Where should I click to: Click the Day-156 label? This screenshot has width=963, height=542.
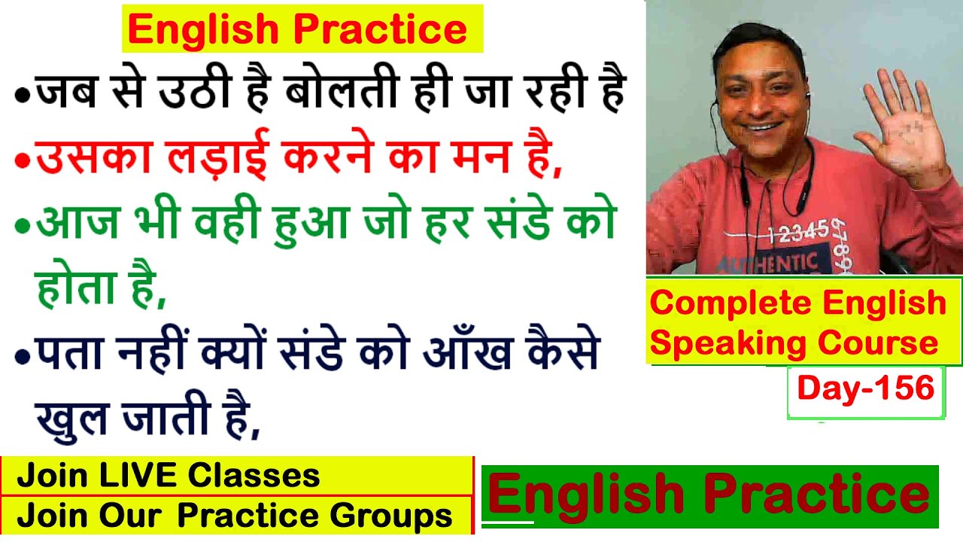[866, 388]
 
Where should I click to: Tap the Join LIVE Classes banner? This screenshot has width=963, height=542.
[237, 476]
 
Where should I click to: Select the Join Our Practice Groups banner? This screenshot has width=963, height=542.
[237, 516]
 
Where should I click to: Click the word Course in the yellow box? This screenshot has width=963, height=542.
[878, 343]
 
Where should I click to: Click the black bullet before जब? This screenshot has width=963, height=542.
[23, 95]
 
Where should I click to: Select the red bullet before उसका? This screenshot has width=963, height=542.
[23, 160]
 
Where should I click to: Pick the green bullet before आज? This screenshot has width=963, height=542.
[23, 225]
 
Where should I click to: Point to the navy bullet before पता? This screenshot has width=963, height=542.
[23, 356]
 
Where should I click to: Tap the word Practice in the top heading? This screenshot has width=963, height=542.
[380, 29]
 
